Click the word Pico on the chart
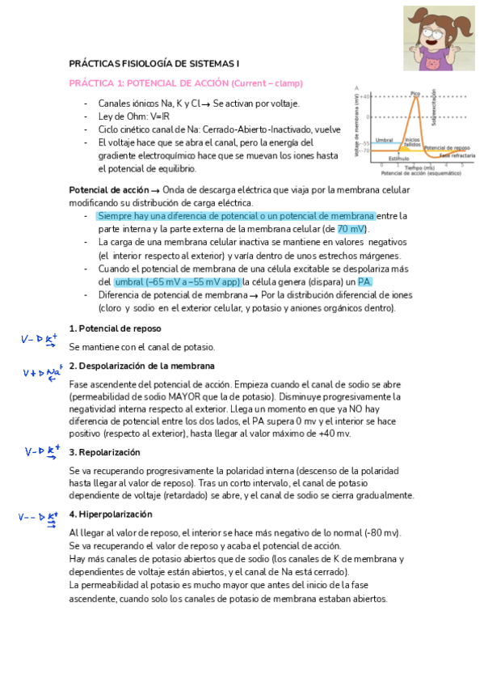[x=415, y=94]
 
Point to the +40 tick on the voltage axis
[x=365, y=97]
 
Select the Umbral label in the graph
[x=384, y=139]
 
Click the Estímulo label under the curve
[x=398, y=159]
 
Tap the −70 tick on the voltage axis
[x=365, y=150]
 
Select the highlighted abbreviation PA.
[x=365, y=281]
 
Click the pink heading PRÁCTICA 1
[x=186, y=83]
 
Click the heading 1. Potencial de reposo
[x=115, y=328]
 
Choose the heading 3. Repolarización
[x=105, y=452]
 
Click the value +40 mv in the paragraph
[x=335, y=434]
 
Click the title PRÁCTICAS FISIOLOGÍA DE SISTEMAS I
[x=154, y=63]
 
